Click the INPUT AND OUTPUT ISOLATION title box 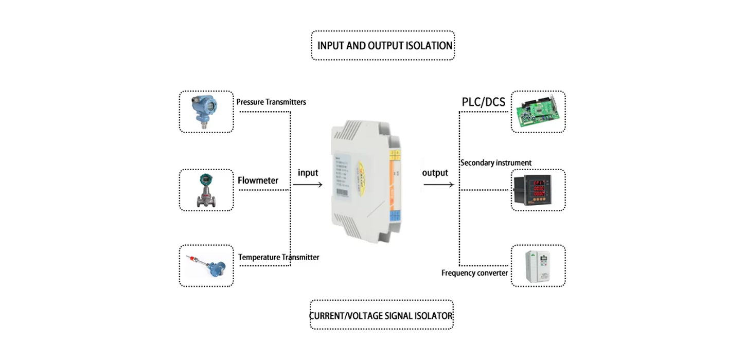383,45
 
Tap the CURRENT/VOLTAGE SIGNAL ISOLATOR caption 381,315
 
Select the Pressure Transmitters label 271,102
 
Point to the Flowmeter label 258,181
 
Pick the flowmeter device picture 206,190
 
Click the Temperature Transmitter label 278,257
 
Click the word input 308,173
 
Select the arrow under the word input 310,184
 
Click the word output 435,173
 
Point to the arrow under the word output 438,184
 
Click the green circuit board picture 538,112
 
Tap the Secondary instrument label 496,163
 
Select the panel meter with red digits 538,190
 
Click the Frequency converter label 474,273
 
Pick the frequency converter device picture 538,266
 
